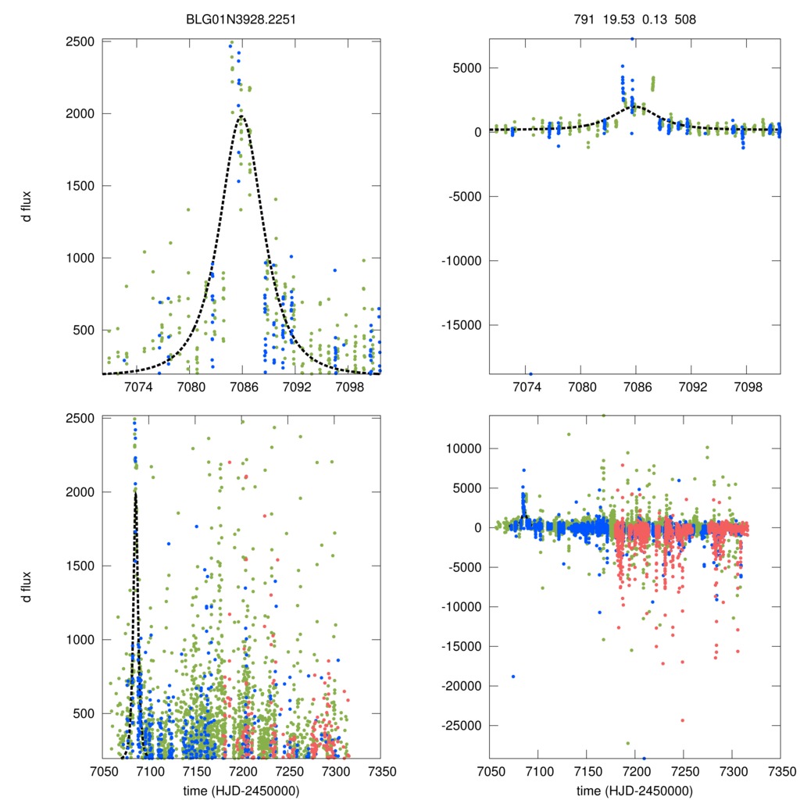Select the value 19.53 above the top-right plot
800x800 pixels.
click(616, 12)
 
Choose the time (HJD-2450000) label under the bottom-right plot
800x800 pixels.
click(634, 791)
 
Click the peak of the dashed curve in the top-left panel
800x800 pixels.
click(242, 116)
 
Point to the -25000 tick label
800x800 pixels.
click(459, 726)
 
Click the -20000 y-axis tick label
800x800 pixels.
click(459, 686)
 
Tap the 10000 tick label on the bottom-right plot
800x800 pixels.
click(464, 448)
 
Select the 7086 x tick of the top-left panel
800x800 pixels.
click(242, 387)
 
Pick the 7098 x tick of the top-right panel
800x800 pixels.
click(748, 387)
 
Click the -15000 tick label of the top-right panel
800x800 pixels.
click(459, 324)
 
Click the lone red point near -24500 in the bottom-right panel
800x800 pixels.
click(682, 720)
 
